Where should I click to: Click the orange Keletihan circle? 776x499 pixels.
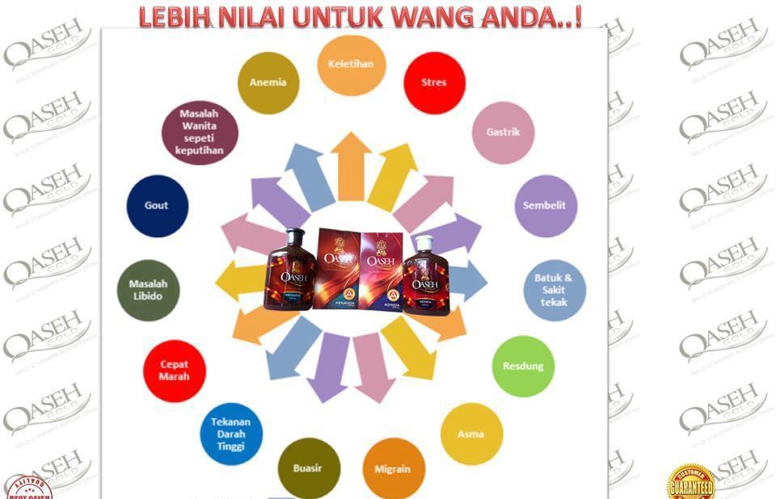tap(350, 65)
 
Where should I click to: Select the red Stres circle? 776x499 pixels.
tap(433, 82)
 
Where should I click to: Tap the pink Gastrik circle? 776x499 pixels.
tap(503, 132)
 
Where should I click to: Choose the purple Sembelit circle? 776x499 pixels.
tap(545, 206)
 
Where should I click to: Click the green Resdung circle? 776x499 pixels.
tap(523, 366)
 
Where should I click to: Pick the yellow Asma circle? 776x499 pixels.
tap(470, 434)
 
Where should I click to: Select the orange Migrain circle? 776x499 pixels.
tap(392, 468)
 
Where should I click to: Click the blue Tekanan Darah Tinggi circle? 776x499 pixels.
tap(231, 434)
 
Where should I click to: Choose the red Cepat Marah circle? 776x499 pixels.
tap(175, 371)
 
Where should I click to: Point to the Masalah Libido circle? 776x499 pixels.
tap(148, 290)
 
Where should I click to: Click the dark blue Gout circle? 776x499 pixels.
tap(157, 206)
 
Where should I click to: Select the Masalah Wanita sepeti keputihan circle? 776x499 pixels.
tap(199, 132)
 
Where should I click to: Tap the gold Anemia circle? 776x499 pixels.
tap(268, 82)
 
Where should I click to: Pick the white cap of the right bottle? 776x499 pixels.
tap(424, 242)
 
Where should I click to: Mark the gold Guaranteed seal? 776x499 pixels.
tap(691, 483)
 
